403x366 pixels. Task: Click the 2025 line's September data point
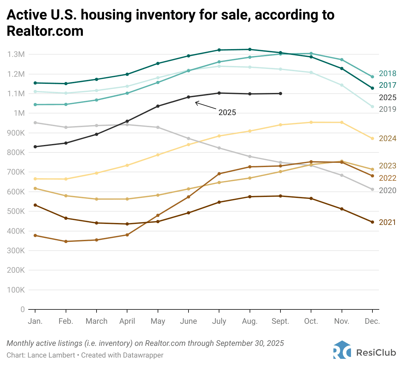point(280,94)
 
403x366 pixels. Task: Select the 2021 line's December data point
point(372,222)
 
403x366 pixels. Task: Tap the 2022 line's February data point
point(66,242)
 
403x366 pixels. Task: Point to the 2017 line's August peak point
point(250,49)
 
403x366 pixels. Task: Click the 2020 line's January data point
point(35,123)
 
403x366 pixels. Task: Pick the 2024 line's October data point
point(311,122)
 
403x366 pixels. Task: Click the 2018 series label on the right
point(387,73)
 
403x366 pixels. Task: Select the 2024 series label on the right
point(387,138)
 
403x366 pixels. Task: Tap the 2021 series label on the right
point(387,222)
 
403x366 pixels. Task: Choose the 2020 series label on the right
point(387,190)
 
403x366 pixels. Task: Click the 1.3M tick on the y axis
point(16,54)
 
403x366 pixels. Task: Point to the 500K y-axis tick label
point(16,211)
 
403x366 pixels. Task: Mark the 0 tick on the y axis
point(22,309)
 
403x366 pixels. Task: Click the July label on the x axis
point(219,321)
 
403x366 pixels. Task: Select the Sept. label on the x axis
point(280,321)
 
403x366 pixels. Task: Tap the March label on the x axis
point(97,321)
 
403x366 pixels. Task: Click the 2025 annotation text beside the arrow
point(227,112)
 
